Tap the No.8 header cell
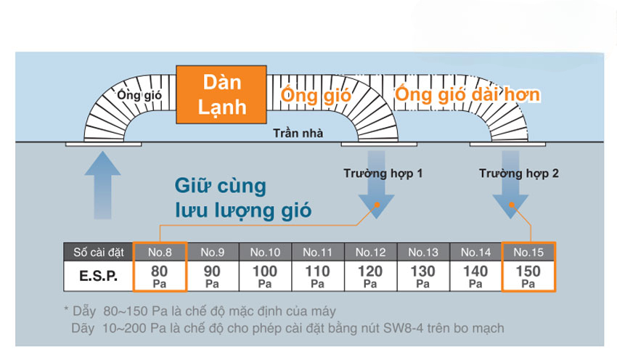[x=160, y=252]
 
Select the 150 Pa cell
[x=528, y=276]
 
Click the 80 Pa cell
[x=160, y=276]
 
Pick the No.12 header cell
[x=370, y=252]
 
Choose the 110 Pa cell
[x=318, y=276]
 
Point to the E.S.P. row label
[x=99, y=276]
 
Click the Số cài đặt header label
[x=99, y=252]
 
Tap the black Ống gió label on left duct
[x=139, y=94]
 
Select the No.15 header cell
[x=528, y=252]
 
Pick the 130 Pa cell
[x=423, y=276]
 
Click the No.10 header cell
[x=265, y=252]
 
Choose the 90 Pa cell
[x=213, y=276]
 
